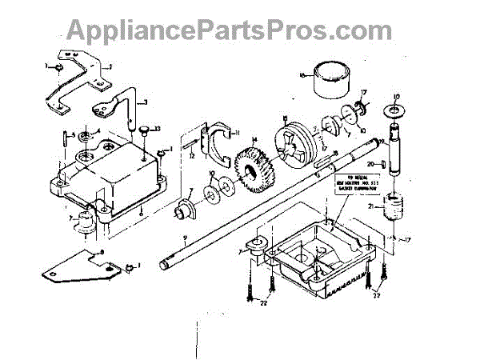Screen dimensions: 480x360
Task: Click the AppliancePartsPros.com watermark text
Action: [x=239, y=30]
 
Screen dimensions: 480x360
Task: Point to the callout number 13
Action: [x=158, y=130]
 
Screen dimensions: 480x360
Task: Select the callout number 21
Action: [x=371, y=207]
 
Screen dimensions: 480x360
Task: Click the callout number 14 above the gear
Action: [x=254, y=141]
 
